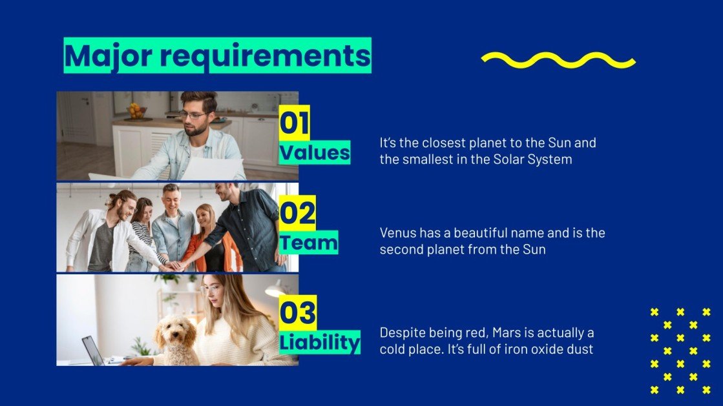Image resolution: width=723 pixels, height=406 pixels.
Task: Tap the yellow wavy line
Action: coord(558,60)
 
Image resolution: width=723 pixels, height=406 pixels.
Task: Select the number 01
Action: coord(294,123)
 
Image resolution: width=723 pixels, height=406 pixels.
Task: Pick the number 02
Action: coord(297,214)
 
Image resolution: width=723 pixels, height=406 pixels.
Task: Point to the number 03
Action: coord(297,312)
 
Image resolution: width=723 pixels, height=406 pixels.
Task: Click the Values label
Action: coord(315,153)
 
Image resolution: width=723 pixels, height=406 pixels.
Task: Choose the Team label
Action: coord(308,243)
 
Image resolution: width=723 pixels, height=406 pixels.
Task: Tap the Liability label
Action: coord(319,342)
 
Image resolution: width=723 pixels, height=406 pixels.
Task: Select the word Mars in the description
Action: coord(506,333)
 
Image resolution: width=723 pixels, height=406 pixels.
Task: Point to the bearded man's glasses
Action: coord(193,115)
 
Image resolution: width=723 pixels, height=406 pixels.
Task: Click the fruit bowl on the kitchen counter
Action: coord(136,111)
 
